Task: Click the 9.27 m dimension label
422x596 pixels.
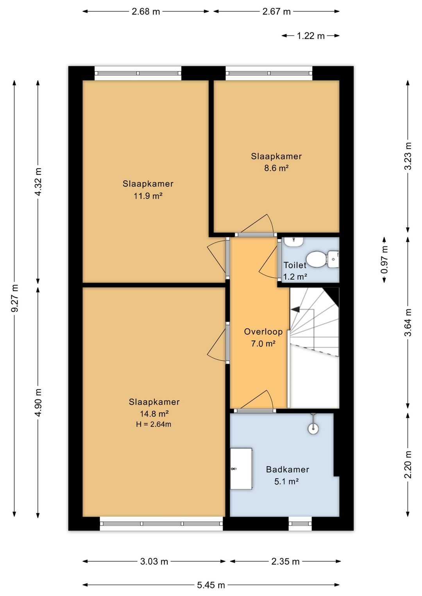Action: [x=16, y=298]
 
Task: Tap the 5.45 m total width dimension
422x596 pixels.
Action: [x=211, y=585]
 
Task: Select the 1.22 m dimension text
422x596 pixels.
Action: [x=311, y=36]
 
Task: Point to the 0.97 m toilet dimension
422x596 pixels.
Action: [x=384, y=260]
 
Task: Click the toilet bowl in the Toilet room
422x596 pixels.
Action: [x=316, y=259]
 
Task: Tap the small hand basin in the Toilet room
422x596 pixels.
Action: [x=293, y=242]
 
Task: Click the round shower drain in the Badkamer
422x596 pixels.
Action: [x=313, y=428]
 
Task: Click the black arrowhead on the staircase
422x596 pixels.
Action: [x=295, y=309]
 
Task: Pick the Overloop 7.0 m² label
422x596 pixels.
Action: [x=263, y=337]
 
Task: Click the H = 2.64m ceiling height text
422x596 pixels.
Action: [x=154, y=424]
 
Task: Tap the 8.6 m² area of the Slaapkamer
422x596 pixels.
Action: [x=276, y=168]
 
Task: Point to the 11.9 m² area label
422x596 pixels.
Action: [x=148, y=196]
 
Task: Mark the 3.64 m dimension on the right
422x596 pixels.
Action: [x=408, y=322]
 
